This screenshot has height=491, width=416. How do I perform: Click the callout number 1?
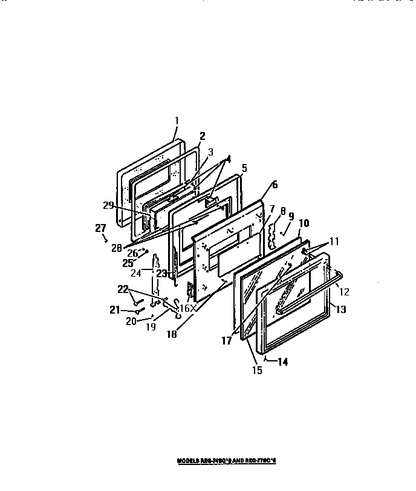click(x=177, y=120)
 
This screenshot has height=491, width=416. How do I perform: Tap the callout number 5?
click(x=244, y=168)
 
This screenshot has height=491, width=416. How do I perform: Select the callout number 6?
click(x=275, y=185)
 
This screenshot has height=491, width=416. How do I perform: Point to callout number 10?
click(x=304, y=222)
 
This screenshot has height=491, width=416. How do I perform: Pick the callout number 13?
click(x=341, y=309)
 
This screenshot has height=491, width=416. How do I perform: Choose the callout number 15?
click(x=258, y=371)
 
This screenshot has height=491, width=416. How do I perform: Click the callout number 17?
click(x=226, y=341)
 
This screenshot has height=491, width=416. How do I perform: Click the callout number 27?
click(x=101, y=228)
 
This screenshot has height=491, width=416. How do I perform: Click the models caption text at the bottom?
click(x=226, y=461)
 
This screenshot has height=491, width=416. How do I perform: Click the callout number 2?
click(x=203, y=136)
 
